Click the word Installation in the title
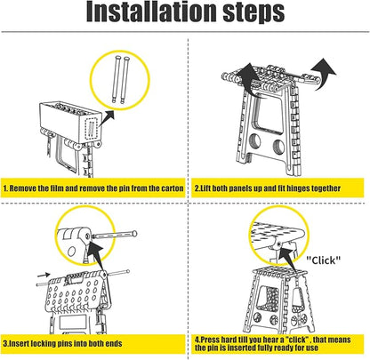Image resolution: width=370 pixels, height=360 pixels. click(x=151, y=12)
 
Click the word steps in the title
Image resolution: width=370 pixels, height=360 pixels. click(x=253, y=13)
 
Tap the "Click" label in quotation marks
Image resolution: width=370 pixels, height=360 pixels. click(x=324, y=260)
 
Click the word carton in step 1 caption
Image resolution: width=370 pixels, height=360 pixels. click(x=172, y=188)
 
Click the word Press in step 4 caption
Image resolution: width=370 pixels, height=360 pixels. click(x=210, y=340)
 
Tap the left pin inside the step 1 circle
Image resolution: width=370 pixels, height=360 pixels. click(x=117, y=79)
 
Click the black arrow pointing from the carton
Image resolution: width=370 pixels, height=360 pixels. click(x=107, y=118)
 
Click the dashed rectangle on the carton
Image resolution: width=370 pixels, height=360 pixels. click(x=92, y=127)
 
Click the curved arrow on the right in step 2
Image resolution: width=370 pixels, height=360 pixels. click(x=324, y=74)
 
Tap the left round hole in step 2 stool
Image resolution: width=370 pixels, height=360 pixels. click(x=255, y=141)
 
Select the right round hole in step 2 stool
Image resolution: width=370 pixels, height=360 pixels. click(x=278, y=148)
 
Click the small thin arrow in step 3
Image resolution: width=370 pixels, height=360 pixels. click(x=44, y=275)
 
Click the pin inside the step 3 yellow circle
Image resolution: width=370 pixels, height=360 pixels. click(x=114, y=236)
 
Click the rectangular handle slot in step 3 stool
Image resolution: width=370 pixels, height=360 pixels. click(x=75, y=278)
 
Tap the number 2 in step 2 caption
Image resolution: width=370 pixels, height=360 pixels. click(x=197, y=188)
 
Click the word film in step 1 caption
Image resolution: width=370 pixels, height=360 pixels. click(x=57, y=188)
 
